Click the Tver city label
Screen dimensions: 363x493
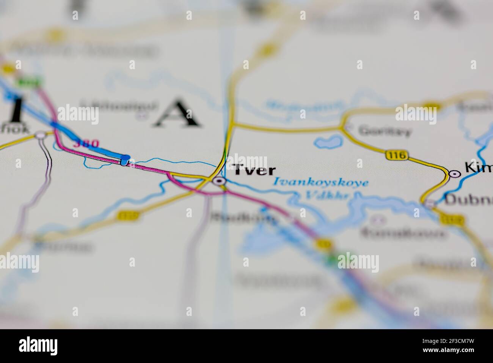(x=254, y=170)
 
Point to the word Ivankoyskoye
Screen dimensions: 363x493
(x=321, y=183)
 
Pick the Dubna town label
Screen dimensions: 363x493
(x=468, y=200)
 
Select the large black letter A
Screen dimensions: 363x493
(x=177, y=113)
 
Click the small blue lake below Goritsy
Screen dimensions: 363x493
(x=327, y=142)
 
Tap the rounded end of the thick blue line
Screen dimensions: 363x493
(x=126, y=157)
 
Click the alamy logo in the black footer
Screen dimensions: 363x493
(x=38, y=346)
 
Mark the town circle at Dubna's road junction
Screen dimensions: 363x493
(x=429, y=204)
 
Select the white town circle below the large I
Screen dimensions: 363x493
(x=40, y=135)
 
